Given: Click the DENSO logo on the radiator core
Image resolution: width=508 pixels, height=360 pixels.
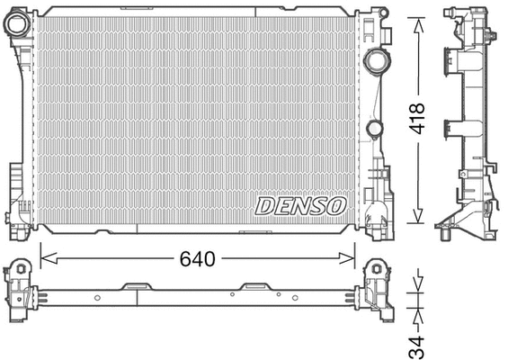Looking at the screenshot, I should pos(300,205).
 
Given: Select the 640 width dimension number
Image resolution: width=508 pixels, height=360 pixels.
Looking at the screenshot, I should pos(197,259).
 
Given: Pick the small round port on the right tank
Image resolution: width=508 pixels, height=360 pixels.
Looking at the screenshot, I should pos(372,126).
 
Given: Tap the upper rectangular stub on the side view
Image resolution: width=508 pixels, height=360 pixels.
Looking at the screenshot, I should pos(447,61).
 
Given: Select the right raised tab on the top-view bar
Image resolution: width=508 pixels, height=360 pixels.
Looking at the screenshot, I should pos(256,287).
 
